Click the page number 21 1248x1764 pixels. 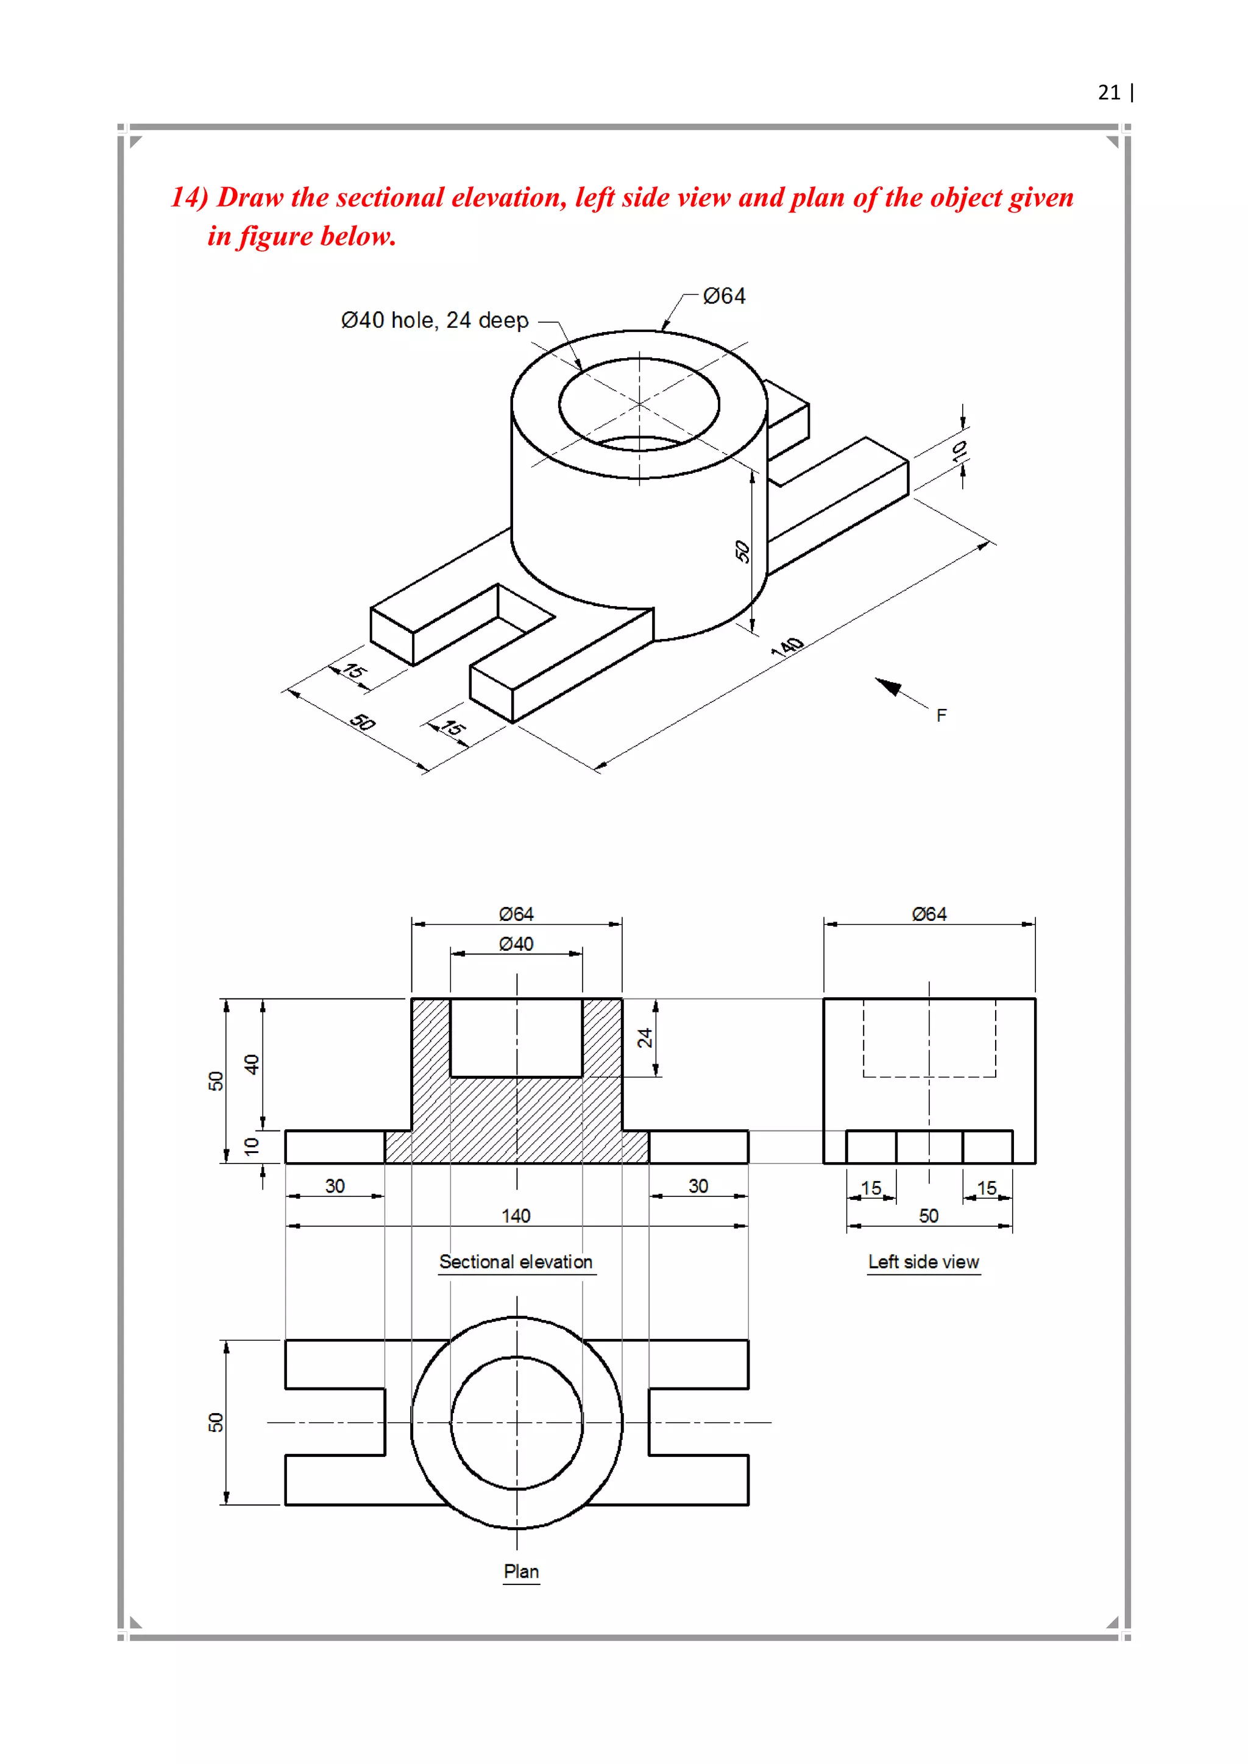tap(1109, 93)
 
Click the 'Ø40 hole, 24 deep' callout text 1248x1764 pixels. tap(434, 320)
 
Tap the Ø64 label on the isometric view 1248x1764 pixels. tap(724, 297)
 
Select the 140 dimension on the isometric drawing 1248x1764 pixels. tap(788, 647)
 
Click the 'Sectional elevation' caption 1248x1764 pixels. tap(516, 1262)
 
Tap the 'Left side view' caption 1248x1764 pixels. tap(923, 1262)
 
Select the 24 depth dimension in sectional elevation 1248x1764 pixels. tap(644, 1038)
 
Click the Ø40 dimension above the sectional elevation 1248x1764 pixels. tap(516, 944)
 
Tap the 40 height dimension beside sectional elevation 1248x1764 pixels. tap(251, 1064)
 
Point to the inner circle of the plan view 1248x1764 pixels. tap(516, 1358)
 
